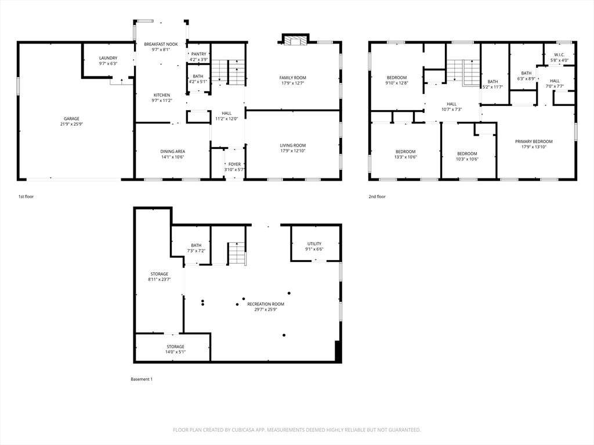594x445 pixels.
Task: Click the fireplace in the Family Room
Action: [x=295, y=41]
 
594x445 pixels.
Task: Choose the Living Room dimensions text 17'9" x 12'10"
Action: [x=293, y=151]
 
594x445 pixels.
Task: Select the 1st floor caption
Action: [x=26, y=197]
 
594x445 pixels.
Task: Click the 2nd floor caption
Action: [x=377, y=197]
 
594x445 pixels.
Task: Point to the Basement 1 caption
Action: [x=142, y=379]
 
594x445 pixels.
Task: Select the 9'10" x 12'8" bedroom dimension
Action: [x=397, y=83]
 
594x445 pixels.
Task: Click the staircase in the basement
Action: [x=237, y=254]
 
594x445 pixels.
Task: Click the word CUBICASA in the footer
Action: [x=245, y=430]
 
